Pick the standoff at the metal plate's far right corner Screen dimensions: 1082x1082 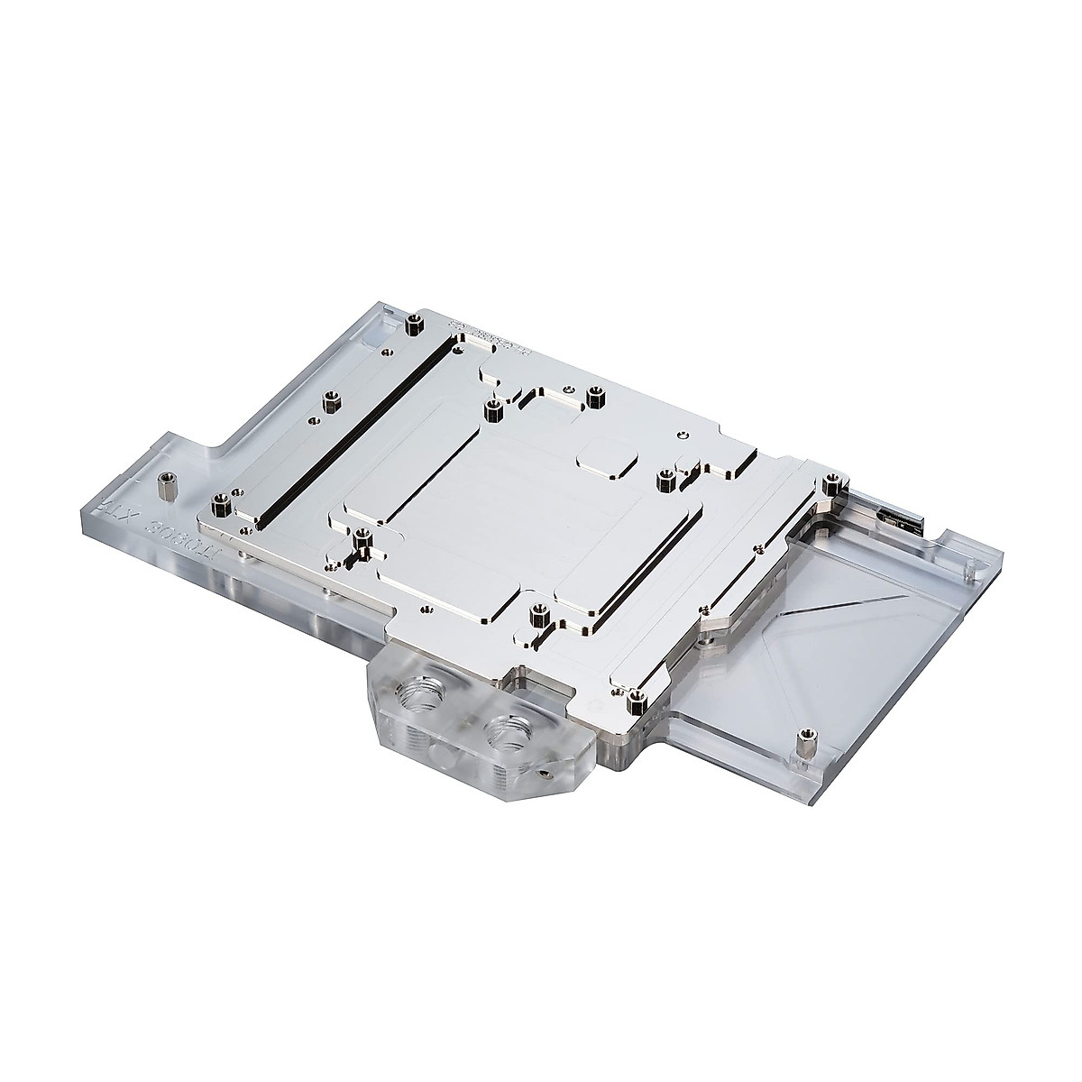tap(830, 481)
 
